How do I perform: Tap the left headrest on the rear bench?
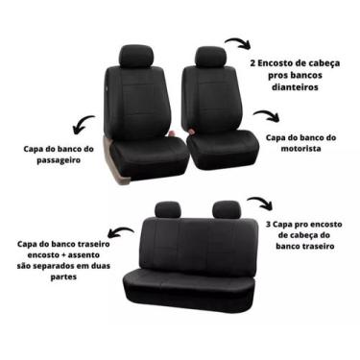[168, 208]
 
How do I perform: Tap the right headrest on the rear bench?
[226, 208]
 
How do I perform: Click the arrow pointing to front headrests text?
[237, 44]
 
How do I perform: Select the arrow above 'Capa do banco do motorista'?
[266, 116]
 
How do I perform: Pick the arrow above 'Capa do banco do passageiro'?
[84, 124]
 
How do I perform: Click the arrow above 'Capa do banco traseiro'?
[119, 232]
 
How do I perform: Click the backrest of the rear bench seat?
[198, 244]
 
